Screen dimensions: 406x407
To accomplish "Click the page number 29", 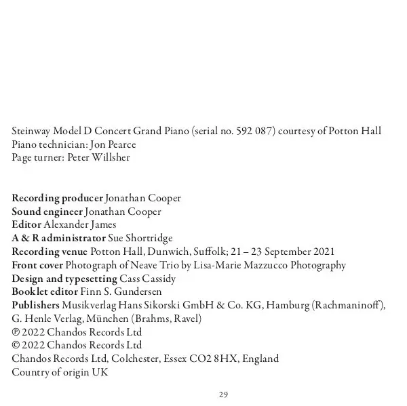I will [223, 394].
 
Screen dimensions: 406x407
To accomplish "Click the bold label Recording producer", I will [57, 199].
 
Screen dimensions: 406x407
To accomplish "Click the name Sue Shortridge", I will [140, 239].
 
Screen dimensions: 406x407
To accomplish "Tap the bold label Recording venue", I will [50, 252].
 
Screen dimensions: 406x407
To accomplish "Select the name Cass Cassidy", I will [147, 279].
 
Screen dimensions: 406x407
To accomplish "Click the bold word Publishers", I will [35, 305].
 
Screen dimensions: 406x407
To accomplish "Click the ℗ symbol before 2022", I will [16, 332].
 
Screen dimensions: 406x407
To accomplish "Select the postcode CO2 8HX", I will [214, 359].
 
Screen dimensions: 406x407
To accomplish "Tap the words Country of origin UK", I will [60, 372].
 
